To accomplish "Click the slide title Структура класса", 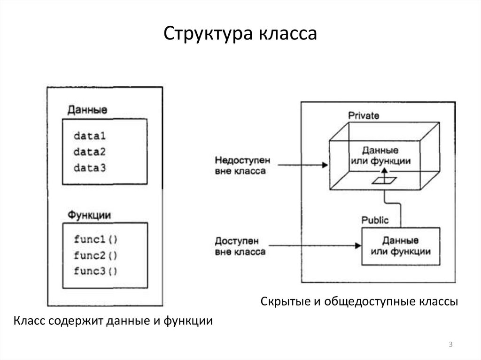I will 240,34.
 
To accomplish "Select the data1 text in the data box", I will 90,137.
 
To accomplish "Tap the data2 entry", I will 90,152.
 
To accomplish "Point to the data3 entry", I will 90,168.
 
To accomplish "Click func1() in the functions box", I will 96,239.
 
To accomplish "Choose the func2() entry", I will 96,255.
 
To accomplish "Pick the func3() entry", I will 96,271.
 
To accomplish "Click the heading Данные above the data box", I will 87,110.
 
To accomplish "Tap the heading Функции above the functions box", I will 90,215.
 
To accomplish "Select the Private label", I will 364,115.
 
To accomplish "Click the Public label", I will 375,220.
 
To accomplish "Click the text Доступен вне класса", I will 240,246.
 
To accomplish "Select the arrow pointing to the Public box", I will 315,245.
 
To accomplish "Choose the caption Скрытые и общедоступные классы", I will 359,301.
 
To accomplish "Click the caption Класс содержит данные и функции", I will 113,322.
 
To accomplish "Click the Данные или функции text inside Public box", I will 401,246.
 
